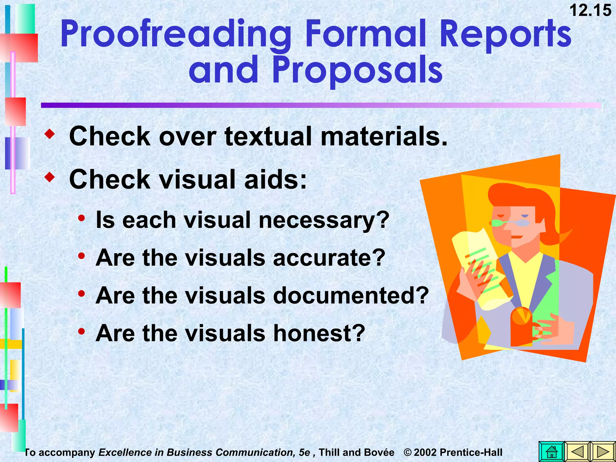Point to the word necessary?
click(324, 220)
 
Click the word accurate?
click(329, 257)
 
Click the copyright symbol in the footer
click(408, 452)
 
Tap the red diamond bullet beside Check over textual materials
click(50, 134)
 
